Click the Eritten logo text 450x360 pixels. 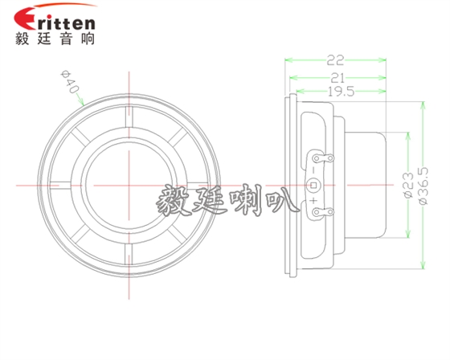click(55, 18)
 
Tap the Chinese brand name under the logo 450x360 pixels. click(55, 39)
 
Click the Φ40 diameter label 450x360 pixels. click(70, 84)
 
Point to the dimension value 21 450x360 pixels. click(337, 76)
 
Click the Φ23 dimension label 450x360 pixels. click(407, 185)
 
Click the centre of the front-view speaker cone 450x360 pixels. click(127, 186)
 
